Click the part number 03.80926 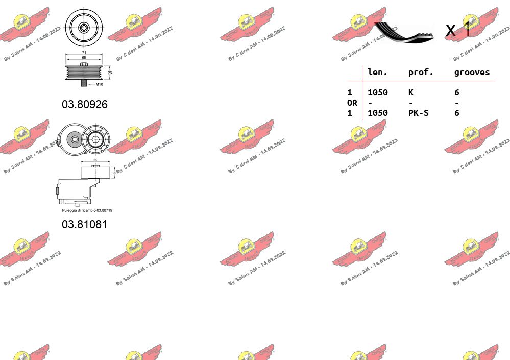coord(85,104)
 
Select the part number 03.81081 coord(85,224)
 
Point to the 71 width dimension coord(83,53)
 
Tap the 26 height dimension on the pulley coord(110,73)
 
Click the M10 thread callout coord(99,84)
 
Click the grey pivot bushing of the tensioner coord(75,139)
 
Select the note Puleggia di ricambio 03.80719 coord(87,210)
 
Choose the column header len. coord(377,72)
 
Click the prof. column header coord(420,72)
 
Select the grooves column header coord(472,72)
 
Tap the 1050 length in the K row coord(378,92)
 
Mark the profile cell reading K coord(411,92)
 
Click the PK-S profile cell coord(419,113)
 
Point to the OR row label coord(352,103)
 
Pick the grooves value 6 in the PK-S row coord(457,113)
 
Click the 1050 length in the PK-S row coord(378,113)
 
